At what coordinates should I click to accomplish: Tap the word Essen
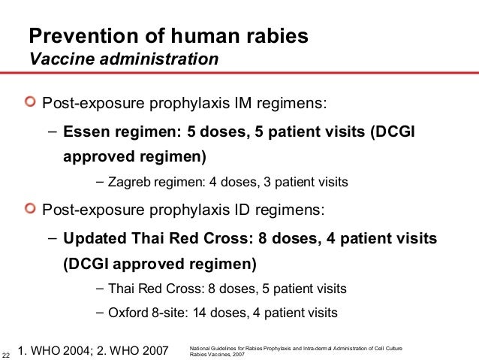(x=86, y=132)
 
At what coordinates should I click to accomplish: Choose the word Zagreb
(x=128, y=182)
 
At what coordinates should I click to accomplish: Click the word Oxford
(x=128, y=312)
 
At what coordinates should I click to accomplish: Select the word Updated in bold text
(x=92, y=239)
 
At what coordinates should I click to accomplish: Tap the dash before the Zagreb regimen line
(x=101, y=182)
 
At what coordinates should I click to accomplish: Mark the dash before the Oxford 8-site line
(x=101, y=312)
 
